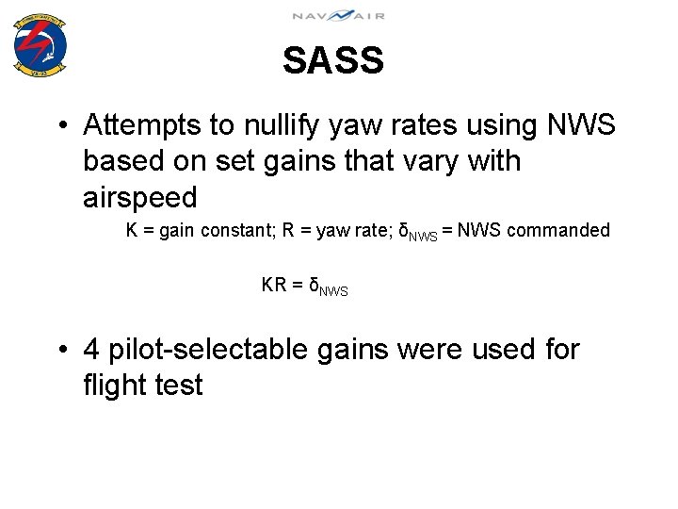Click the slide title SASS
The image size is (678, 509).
333,61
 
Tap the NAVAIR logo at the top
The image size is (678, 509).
338,15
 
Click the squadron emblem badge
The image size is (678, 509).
40,44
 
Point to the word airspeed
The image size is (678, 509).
140,198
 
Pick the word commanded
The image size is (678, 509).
561,230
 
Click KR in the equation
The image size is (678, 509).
274,285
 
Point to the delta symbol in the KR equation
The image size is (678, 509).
315,285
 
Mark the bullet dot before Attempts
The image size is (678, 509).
61,125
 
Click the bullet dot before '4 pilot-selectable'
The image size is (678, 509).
61,351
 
